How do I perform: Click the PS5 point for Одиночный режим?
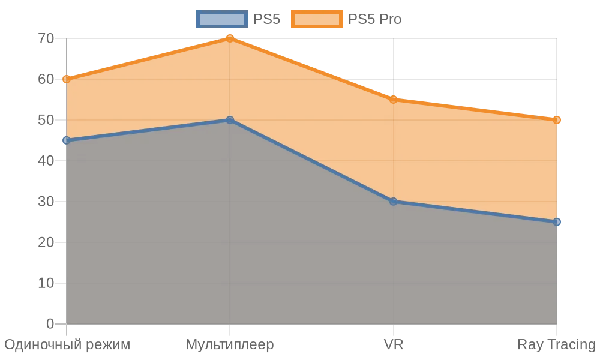tap(67, 140)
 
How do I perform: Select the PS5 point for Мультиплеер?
tap(230, 120)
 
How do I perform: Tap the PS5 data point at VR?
tap(394, 202)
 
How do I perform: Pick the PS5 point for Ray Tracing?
tap(557, 222)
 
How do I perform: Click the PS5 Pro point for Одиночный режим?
tap(67, 79)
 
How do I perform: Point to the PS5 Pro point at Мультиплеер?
tap(230, 38)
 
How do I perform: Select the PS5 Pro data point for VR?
tap(394, 100)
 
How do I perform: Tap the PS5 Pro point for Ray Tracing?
tap(557, 120)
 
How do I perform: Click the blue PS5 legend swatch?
tap(221, 19)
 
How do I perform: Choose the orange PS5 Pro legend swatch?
tap(316, 19)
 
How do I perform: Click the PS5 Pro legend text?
tap(374, 19)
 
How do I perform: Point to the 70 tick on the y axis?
tap(46, 38)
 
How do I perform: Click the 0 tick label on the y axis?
tap(50, 324)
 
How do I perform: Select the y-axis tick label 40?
tap(46, 161)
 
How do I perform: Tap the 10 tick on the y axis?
tap(46, 283)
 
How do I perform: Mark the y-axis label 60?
tap(46, 79)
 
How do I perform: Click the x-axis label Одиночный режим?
tap(67, 345)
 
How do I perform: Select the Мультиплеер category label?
tap(230, 345)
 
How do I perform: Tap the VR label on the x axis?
tap(394, 345)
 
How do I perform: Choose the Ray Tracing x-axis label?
tap(556, 345)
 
